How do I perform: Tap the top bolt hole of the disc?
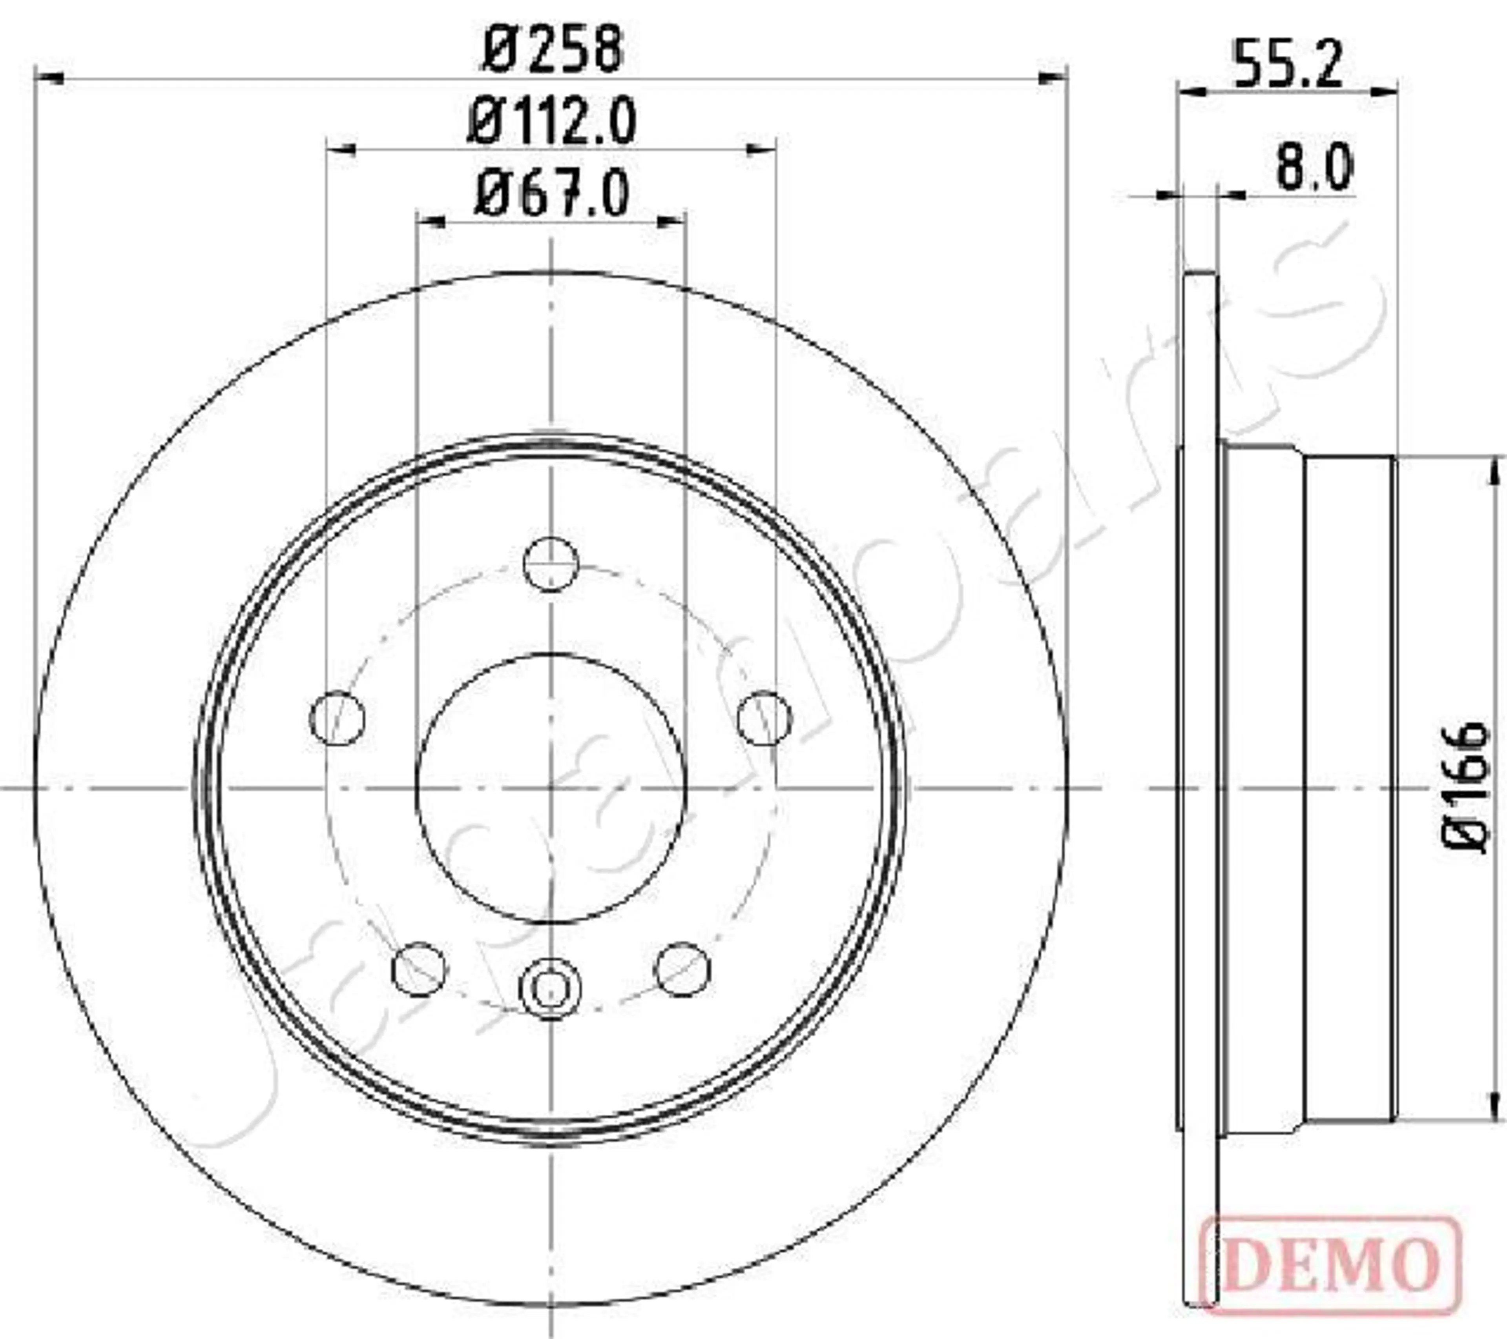coord(551,564)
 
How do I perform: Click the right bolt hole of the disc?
coord(765,718)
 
